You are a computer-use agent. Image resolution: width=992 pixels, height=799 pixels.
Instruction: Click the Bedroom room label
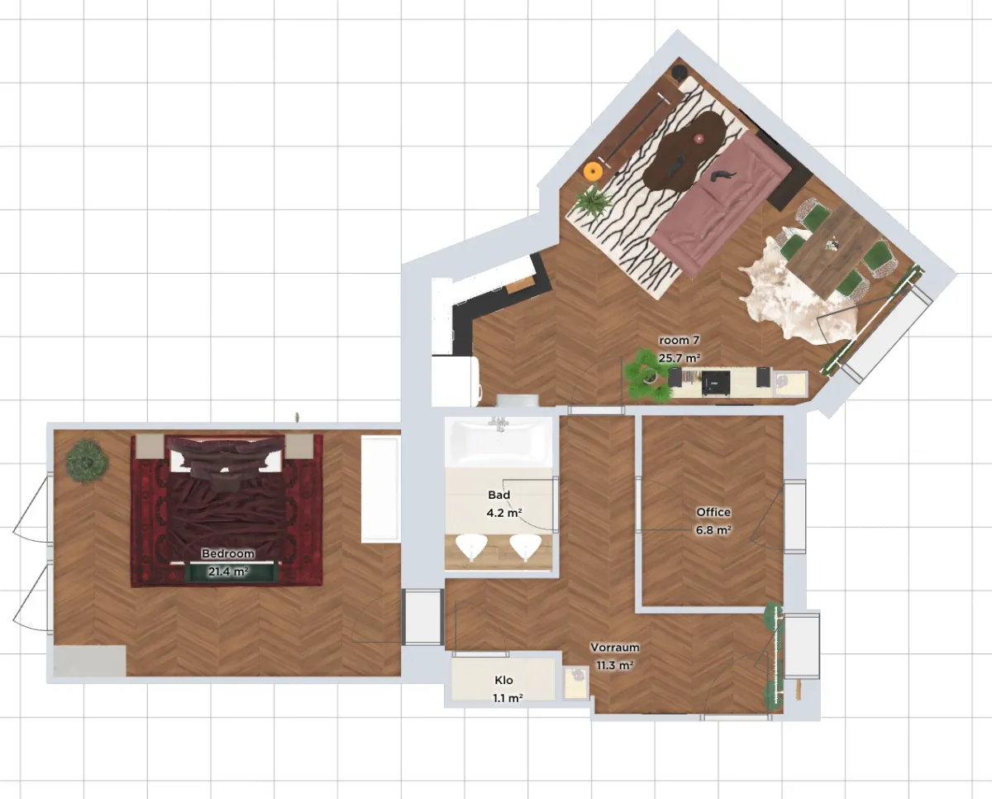(x=227, y=553)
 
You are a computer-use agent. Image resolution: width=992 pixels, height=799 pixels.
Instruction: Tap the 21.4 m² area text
(x=228, y=572)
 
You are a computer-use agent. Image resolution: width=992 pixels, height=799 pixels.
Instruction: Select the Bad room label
(x=499, y=495)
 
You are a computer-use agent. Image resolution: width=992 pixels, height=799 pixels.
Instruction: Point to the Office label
(x=713, y=512)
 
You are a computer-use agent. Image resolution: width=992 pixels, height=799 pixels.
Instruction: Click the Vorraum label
(x=614, y=648)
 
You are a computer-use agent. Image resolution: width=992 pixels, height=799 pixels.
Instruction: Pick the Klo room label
(x=503, y=680)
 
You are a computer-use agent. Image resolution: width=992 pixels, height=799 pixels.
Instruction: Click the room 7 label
(x=679, y=340)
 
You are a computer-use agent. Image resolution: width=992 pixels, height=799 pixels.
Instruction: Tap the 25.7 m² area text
(x=680, y=358)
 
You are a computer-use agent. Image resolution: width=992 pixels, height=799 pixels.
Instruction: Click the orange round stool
(x=593, y=170)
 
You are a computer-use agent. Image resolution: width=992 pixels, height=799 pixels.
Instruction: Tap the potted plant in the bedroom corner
(x=87, y=462)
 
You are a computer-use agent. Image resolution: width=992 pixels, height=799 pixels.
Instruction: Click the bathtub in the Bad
(x=498, y=442)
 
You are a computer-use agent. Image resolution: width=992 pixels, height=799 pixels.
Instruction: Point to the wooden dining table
(x=834, y=250)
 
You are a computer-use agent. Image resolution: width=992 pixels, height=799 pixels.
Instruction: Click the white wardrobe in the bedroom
(x=379, y=488)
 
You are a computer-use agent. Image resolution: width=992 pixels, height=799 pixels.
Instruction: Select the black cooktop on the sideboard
(x=716, y=383)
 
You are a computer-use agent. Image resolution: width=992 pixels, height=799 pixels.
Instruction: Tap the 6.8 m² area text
(x=713, y=530)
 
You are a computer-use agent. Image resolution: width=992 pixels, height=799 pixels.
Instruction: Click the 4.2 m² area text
(x=504, y=513)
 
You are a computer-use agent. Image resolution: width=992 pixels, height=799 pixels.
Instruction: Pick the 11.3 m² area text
(x=614, y=665)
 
